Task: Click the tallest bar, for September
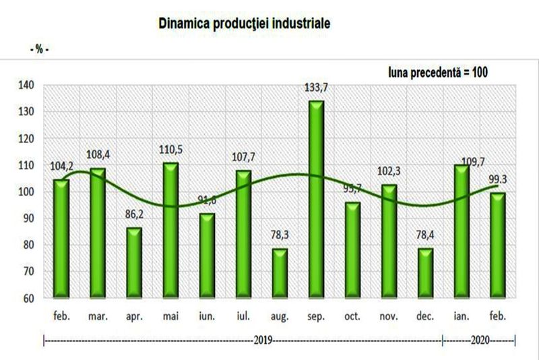click(x=316, y=199)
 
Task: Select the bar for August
click(x=279, y=273)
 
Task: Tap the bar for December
click(x=424, y=273)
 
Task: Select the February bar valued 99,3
click(x=498, y=245)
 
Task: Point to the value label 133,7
click(x=316, y=88)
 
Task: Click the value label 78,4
click(x=424, y=237)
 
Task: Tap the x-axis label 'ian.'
click(x=462, y=315)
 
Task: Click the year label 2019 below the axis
click(x=263, y=340)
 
